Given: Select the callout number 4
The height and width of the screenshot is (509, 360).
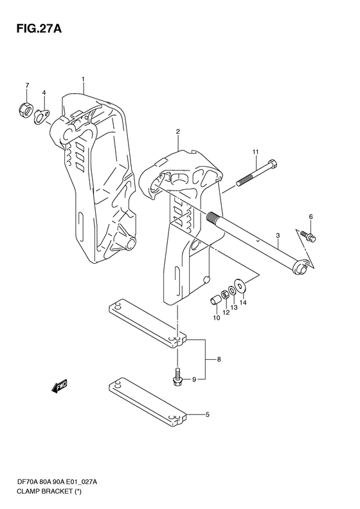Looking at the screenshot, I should pos(44,93).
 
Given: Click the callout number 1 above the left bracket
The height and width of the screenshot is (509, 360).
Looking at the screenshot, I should pos(84,79).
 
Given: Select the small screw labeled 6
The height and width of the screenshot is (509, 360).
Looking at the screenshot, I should pos(309,237).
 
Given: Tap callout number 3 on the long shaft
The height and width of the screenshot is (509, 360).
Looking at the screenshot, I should pos(278,236).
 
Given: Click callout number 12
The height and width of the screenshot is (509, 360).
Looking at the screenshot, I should pos(226,313).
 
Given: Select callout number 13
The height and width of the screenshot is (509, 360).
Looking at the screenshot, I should pos(234,308).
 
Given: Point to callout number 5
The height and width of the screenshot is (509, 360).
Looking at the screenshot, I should pos(207,415).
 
